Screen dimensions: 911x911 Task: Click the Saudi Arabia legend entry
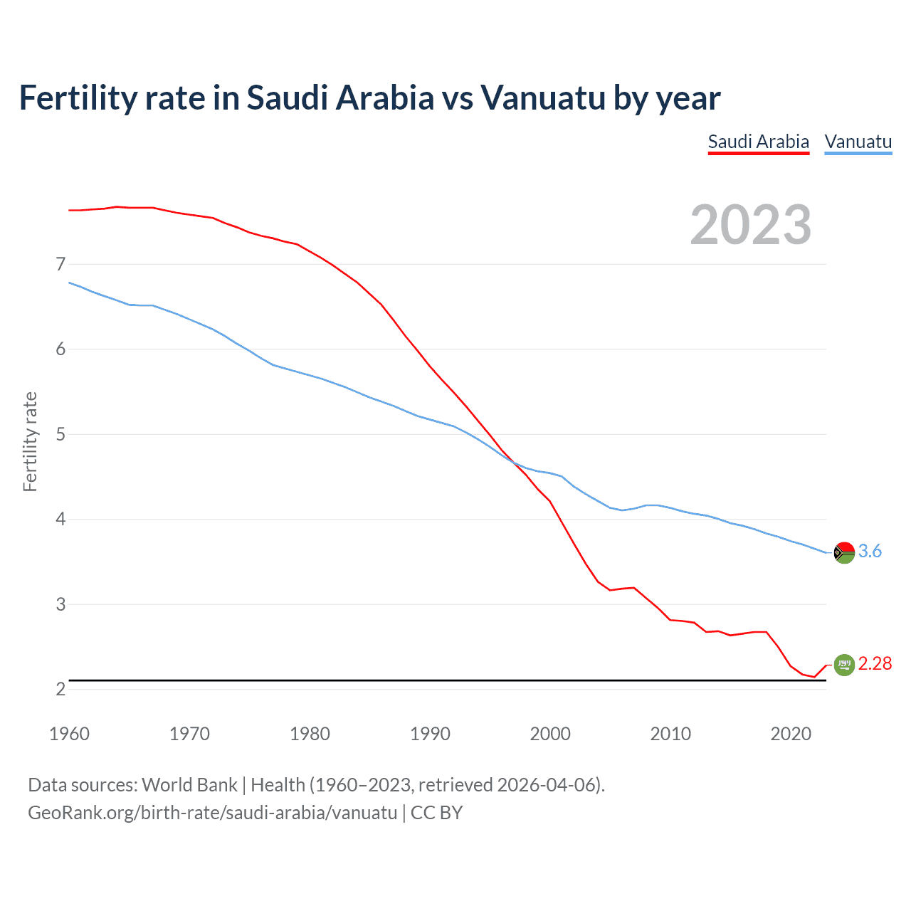(759, 142)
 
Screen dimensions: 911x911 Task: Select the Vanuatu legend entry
(858, 142)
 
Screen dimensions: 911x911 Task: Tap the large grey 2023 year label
(751, 225)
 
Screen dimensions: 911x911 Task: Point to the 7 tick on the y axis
(60, 265)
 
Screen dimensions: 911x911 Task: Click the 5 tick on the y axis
(60, 434)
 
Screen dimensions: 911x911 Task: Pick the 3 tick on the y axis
(60, 604)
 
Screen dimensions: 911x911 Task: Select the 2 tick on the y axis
(60, 689)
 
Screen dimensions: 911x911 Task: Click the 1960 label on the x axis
(69, 734)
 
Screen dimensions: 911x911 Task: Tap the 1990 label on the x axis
(430, 734)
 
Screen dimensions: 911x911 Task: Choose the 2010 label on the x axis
(670, 734)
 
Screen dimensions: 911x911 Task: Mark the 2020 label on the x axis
(791, 734)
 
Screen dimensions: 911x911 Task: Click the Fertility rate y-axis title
(30, 441)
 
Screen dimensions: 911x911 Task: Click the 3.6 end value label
(870, 552)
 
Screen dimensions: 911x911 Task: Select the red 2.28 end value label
(875, 664)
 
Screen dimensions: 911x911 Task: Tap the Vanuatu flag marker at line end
(844, 552)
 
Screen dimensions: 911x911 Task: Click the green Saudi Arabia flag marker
(844, 665)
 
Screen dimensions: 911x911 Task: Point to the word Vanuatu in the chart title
(543, 98)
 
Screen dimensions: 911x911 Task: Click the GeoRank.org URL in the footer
(212, 813)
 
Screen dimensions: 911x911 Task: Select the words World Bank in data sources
(189, 785)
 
